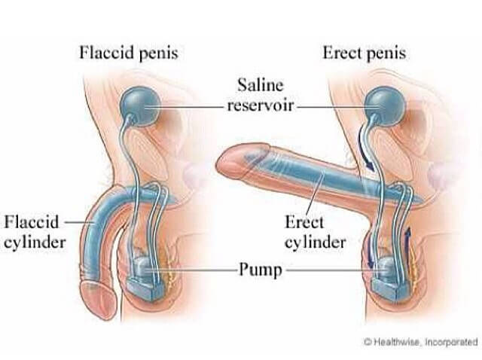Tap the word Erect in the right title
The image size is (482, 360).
pos(342,53)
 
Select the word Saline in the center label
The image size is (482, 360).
pos(260,85)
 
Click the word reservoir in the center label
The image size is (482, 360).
pos(261,105)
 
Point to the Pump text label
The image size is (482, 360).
pos(261,270)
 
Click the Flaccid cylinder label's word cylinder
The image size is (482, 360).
pos(35,243)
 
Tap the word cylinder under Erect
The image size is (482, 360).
pos(316,243)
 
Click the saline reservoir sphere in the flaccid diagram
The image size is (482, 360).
pos(140,105)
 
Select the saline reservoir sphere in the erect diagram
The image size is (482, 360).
pos(384,105)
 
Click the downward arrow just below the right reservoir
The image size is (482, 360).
pos(365,150)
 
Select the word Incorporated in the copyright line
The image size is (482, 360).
pos(451,342)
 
